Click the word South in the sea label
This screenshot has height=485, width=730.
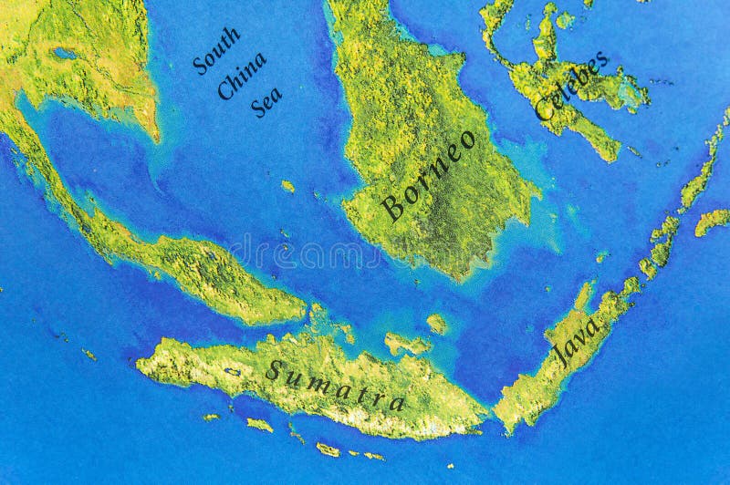click(x=216, y=50)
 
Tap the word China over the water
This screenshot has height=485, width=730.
click(x=242, y=76)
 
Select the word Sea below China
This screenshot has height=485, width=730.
click(x=266, y=101)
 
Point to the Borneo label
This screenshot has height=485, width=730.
click(x=429, y=175)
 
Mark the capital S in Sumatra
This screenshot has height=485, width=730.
click(x=273, y=370)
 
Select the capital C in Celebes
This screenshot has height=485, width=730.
click(x=544, y=110)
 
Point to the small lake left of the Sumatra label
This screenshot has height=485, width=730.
click(x=234, y=371)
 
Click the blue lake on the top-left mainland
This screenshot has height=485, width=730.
click(x=64, y=54)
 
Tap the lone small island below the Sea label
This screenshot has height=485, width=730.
click(x=288, y=186)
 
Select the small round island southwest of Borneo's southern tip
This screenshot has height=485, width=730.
click(x=437, y=323)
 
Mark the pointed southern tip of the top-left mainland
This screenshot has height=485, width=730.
click(x=155, y=137)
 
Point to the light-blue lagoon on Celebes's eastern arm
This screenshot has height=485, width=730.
click(x=630, y=91)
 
